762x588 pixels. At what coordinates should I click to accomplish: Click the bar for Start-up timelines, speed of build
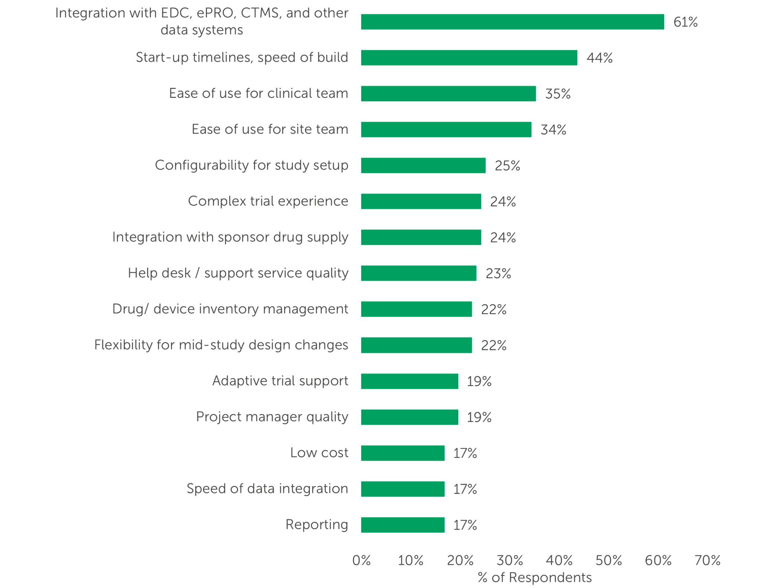[x=469, y=58]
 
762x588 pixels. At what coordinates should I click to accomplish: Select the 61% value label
[x=685, y=22]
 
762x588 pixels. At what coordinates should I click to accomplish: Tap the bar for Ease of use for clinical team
[x=448, y=94]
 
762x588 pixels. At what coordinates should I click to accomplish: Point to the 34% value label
[x=553, y=130]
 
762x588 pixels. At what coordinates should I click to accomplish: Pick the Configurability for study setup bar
[x=423, y=166]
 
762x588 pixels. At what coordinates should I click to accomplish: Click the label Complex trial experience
[x=268, y=201]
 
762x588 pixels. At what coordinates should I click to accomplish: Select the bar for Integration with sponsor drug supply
[x=421, y=237]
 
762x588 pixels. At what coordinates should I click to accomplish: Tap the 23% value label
[x=498, y=274]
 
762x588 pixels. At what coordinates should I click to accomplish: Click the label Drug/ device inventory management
[x=230, y=309]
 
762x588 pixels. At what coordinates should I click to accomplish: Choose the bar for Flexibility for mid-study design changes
[x=416, y=345]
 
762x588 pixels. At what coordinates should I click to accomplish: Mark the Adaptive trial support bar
[x=409, y=381]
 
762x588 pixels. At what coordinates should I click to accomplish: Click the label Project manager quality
[x=272, y=417]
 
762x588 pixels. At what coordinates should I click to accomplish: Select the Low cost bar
[x=403, y=453]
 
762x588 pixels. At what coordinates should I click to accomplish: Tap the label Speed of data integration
[x=267, y=489]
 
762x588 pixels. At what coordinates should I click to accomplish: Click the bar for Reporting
[x=403, y=525]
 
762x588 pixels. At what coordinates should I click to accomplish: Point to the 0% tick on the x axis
[x=361, y=560]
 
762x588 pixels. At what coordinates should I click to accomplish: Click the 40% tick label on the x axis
[x=559, y=560]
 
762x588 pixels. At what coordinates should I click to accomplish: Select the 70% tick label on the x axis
[x=707, y=560]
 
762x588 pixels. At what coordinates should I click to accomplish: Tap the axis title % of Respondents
[x=534, y=578]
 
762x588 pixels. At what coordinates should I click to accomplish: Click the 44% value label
[x=599, y=58]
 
